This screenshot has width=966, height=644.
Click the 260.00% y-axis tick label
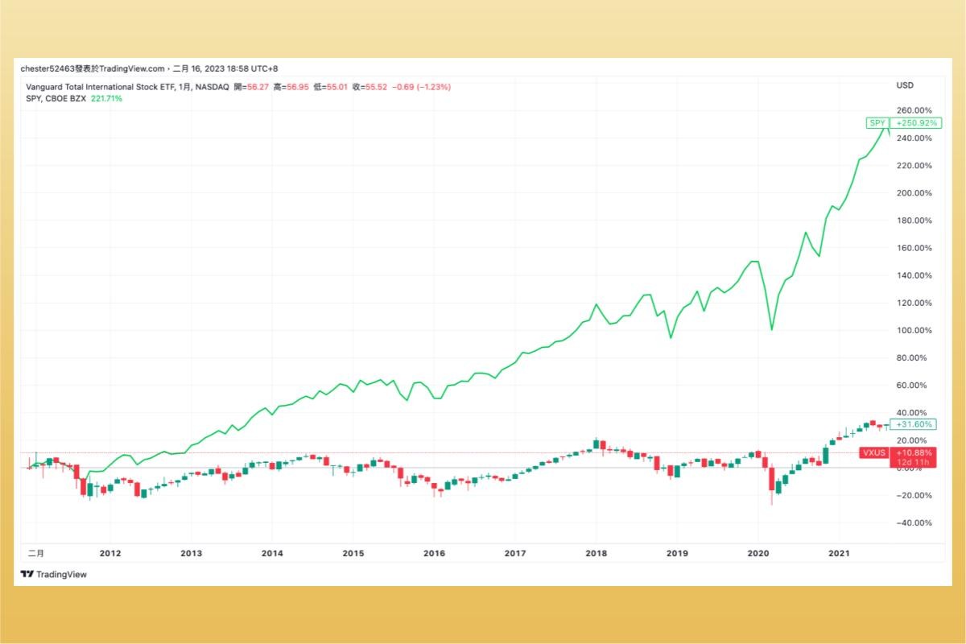pyautogui.click(x=914, y=110)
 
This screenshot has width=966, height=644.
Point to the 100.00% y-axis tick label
pyautogui.click(x=914, y=330)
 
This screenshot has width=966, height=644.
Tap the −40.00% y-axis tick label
pyautogui.click(x=914, y=522)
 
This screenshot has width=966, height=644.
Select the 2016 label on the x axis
pyautogui.click(x=434, y=553)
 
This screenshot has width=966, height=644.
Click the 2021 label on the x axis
pyautogui.click(x=839, y=553)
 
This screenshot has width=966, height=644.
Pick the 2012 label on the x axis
pyautogui.click(x=109, y=553)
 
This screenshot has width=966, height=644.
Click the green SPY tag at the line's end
pyautogui.click(x=876, y=123)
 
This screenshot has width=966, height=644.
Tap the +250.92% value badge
pyautogui.click(x=915, y=123)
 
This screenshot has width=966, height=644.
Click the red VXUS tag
pyautogui.click(x=874, y=452)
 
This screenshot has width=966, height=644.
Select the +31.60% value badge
pyautogui.click(x=914, y=424)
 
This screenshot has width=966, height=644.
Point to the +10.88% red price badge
pyautogui.click(x=914, y=452)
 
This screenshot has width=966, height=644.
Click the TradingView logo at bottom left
pyautogui.click(x=53, y=574)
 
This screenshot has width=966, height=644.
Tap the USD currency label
pyautogui.click(x=905, y=85)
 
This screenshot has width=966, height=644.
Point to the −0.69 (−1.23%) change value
pyautogui.click(x=423, y=87)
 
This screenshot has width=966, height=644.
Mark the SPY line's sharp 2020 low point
pyautogui.click(x=772, y=329)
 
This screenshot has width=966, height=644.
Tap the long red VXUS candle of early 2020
pyautogui.click(x=771, y=479)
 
